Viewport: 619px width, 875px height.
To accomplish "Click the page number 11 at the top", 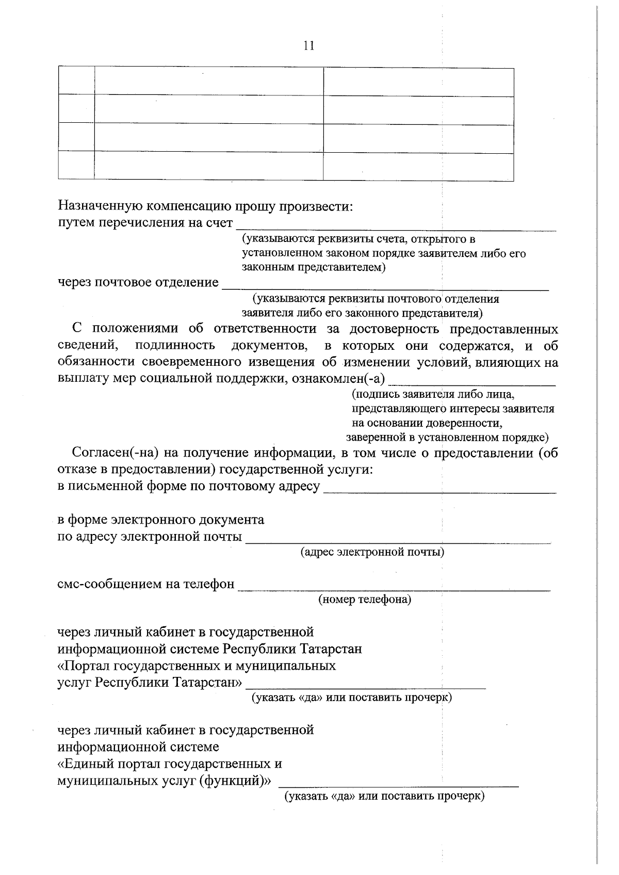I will pyautogui.click(x=308, y=46).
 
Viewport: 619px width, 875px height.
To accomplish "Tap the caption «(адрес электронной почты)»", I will pyautogui.click(x=372, y=552).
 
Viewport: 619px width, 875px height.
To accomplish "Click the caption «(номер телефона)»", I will pyautogui.click(x=365, y=599).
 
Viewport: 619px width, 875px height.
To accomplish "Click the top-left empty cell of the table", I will pyautogui.click(x=76, y=80).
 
